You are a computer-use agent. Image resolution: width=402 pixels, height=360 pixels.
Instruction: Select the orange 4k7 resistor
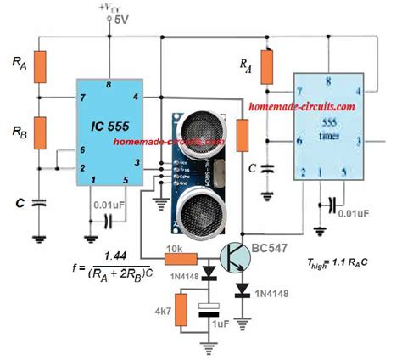pos(181,305)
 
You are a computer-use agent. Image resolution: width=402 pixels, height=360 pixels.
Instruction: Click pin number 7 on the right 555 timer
pos(299,90)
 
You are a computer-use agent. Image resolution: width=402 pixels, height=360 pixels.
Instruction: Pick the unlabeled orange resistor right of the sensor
pos(243,135)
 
